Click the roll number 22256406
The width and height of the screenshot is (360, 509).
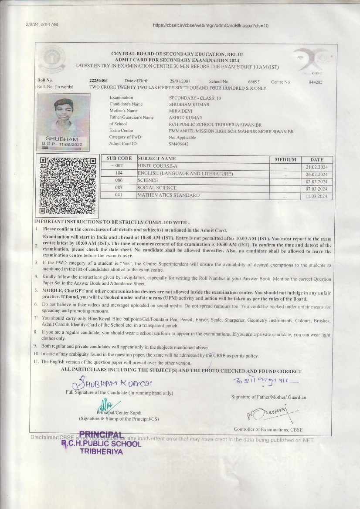tap(98, 81)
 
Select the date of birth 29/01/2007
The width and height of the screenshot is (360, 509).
tap(180, 81)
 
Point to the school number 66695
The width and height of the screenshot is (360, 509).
tap(254, 81)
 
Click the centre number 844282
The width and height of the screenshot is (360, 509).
tap(316, 82)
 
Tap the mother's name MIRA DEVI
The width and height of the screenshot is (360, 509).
tap(180, 111)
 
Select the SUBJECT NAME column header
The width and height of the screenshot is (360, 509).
tap(157, 159)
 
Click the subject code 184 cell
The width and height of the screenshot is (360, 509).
tap(119, 174)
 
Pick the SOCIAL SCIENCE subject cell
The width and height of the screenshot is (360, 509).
tap(157, 188)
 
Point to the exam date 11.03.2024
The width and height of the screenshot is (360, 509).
tap(316, 196)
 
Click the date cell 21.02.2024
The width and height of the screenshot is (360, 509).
tap(316, 167)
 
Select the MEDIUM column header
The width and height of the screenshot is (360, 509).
tap(285, 159)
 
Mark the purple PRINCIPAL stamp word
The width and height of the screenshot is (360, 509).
tap(101, 434)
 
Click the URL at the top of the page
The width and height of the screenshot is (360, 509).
tap(211, 25)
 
